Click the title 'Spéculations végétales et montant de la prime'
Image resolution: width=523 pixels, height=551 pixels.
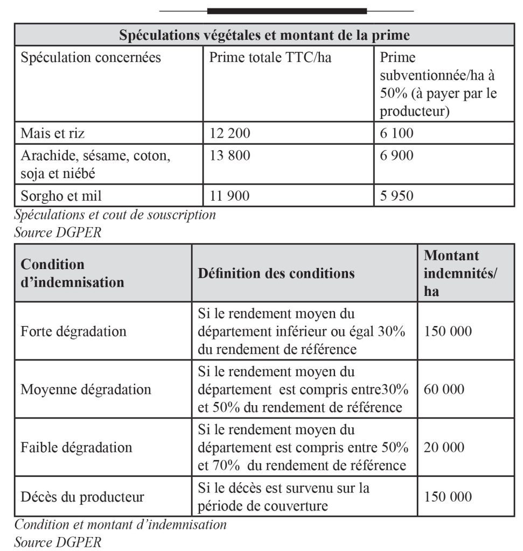click(x=264, y=36)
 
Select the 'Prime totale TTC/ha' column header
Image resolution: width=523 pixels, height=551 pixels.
click(x=270, y=58)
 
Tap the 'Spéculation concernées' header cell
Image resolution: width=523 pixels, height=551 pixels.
click(x=90, y=58)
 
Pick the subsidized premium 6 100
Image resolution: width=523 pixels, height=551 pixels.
click(x=397, y=133)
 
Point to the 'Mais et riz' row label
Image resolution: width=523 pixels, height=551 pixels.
click(x=53, y=133)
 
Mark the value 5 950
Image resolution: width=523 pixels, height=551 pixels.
click(x=397, y=196)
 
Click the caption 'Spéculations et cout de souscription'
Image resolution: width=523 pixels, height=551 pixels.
click(x=115, y=215)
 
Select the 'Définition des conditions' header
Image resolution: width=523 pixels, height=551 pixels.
click(x=276, y=273)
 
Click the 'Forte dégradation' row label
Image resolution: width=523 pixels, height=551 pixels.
click(x=73, y=331)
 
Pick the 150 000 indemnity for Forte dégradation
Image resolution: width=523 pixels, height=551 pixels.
click(x=448, y=331)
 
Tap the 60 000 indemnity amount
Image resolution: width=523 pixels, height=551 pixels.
click(x=444, y=389)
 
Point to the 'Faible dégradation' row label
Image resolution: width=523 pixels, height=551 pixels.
click(x=76, y=447)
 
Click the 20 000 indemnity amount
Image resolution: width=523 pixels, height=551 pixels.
click(x=444, y=447)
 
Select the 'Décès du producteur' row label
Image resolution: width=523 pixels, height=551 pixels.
click(x=82, y=497)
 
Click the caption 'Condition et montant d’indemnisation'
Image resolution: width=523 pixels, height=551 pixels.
click(x=121, y=524)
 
